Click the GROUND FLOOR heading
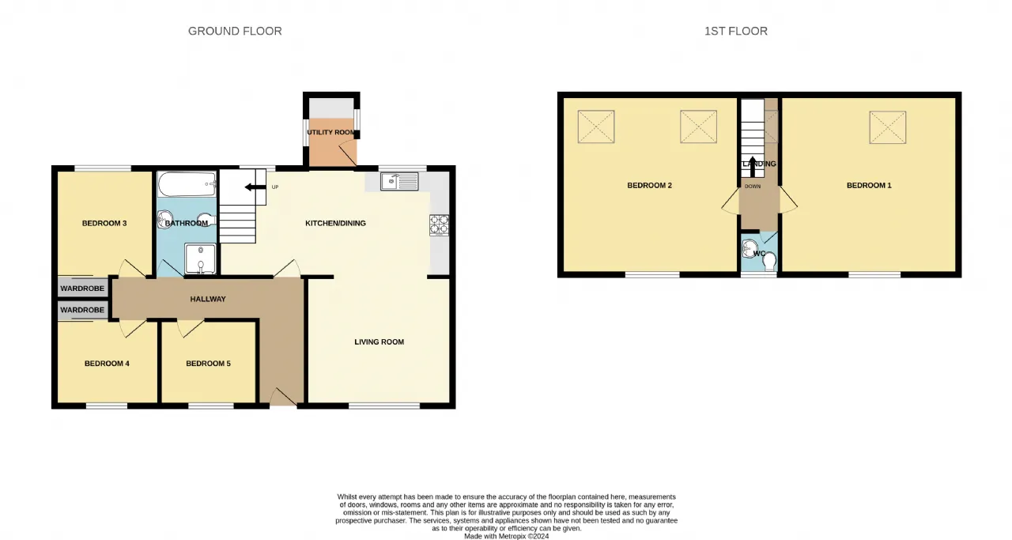235,31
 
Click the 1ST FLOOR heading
736,31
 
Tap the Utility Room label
330,132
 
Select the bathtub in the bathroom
187,184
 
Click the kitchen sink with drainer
399,182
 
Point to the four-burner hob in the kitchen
439,225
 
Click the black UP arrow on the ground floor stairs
255,187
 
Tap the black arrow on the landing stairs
752,167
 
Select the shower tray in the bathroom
200,259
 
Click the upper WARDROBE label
82,289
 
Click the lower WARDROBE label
82,310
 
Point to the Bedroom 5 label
208,364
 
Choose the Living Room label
379,342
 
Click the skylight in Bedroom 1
888,127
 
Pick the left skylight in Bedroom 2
596,127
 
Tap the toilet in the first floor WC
769,261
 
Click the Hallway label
208,299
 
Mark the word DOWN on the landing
753,186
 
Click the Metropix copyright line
507,536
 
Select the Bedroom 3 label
104,223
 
